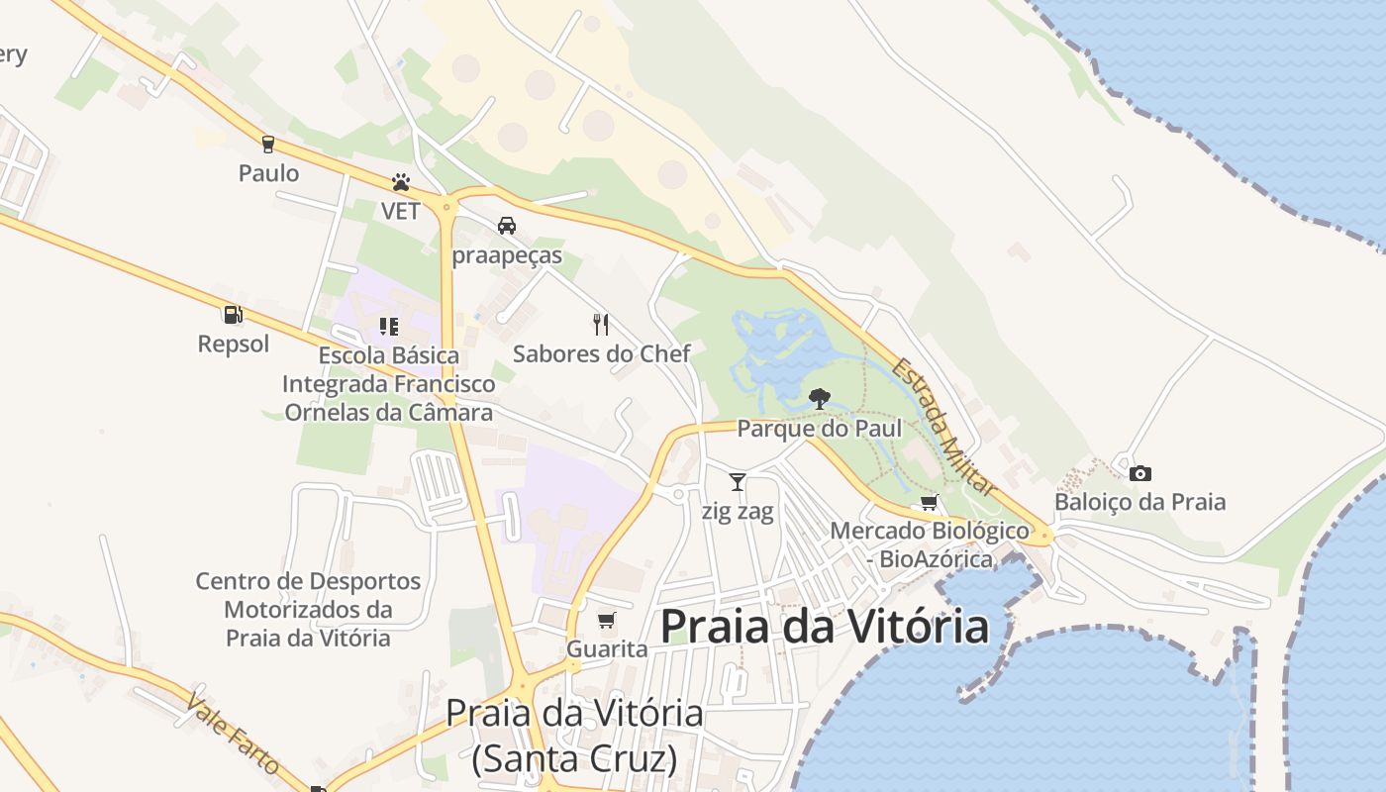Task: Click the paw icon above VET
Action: (x=401, y=183)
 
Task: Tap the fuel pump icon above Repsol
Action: (x=234, y=315)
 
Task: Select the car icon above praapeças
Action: (x=507, y=226)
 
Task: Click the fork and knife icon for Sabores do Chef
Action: (x=600, y=324)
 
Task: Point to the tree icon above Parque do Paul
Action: (x=819, y=399)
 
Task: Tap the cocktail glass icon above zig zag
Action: (x=738, y=482)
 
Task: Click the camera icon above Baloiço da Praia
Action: (x=1140, y=473)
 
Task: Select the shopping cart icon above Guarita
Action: (x=607, y=621)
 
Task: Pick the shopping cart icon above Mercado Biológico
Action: (x=929, y=503)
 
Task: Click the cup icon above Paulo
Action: (x=267, y=145)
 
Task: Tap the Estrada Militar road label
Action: (x=942, y=426)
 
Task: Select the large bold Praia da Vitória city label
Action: (x=824, y=627)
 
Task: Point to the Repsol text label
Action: (x=234, y=345)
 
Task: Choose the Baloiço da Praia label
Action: (x=1139, y=502)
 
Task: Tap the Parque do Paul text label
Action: (x=820, y=429)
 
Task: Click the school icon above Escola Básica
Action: (x=388, y=326)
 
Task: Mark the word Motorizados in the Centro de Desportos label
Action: (x=308, y=609)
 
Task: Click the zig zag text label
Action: (x=738, y=512)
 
